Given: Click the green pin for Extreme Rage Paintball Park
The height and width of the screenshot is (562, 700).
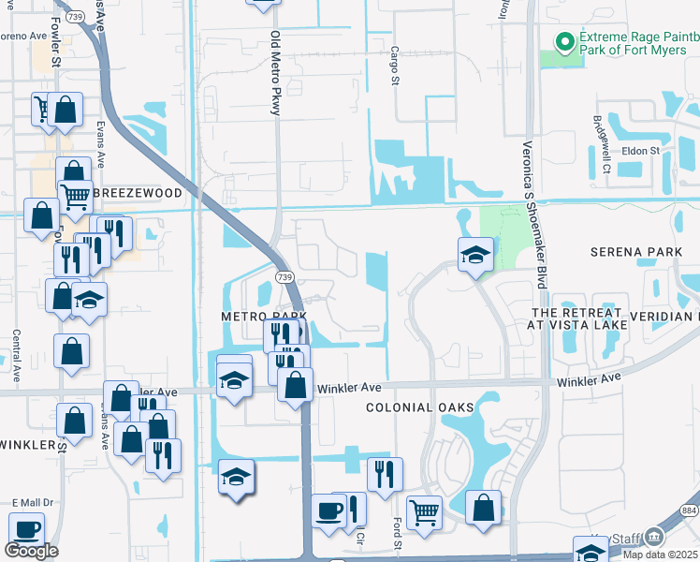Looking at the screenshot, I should click(x=564, y=42).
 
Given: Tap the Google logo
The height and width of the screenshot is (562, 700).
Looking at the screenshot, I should click(x=31, y=551).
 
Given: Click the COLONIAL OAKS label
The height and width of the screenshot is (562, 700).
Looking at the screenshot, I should click(x=419, y=407).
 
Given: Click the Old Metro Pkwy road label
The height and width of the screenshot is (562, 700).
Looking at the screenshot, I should click(x=276, y=74).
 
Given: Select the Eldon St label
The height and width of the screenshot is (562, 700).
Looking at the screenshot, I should click(x=641, y=150).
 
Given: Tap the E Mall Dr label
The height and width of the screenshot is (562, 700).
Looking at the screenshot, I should click(x=30, y=503).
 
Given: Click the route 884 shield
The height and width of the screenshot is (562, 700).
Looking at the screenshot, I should click(x=691, y=510).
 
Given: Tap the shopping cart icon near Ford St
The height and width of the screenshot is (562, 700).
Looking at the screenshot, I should click(x=425, y=511).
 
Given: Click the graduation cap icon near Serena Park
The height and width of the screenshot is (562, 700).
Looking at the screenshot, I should click(x=475, y=253).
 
